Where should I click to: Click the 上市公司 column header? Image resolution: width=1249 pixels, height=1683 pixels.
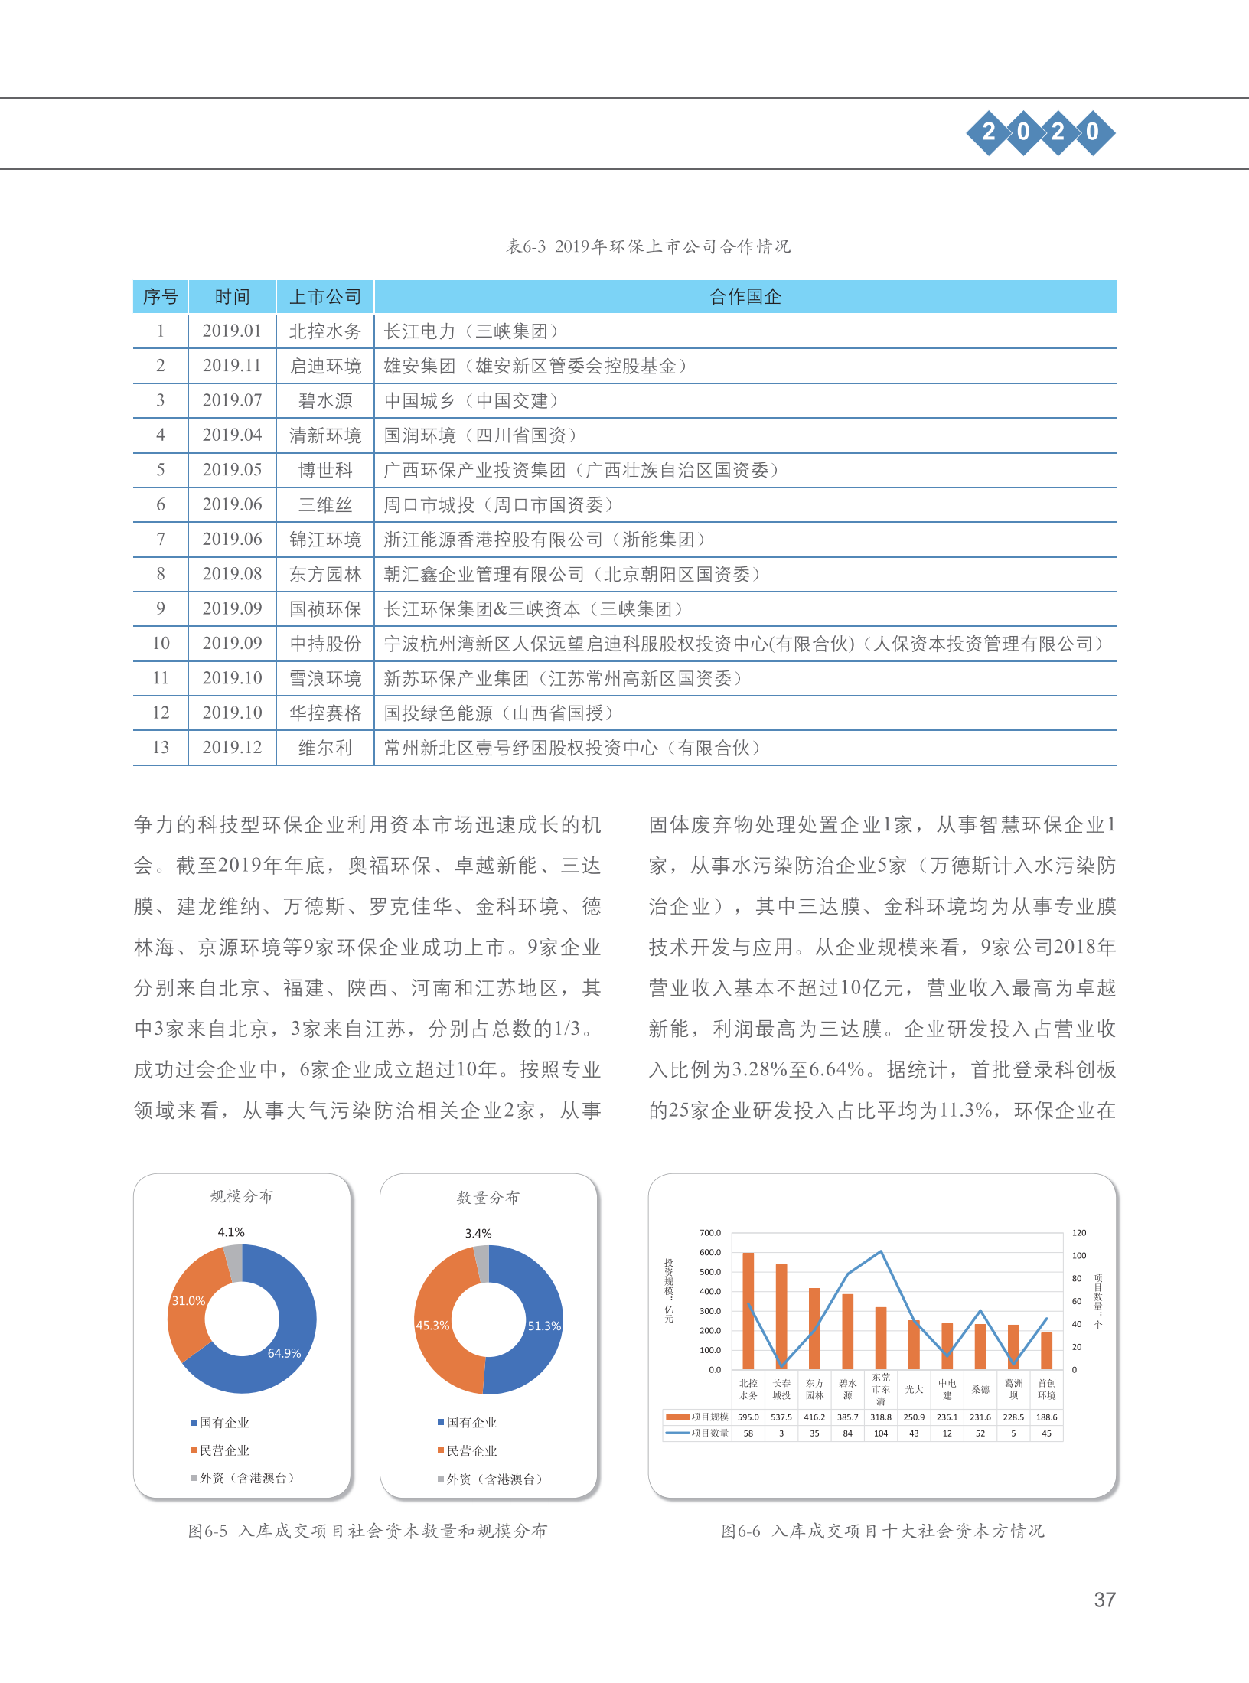coord(325,297)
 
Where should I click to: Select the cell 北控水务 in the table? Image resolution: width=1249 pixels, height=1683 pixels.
coord(325,331)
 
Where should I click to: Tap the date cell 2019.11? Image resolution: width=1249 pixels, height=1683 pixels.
coord(232,366)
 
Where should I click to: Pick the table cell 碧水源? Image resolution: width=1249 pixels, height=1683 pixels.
coord(325,401)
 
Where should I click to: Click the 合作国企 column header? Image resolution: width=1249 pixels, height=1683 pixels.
coord(745,297)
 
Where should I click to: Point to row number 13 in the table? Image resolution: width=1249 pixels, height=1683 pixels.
coord(161,748)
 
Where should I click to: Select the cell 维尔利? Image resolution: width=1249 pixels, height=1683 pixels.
coord(325,748)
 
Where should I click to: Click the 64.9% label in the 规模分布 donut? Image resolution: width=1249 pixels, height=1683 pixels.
coord(284,1353)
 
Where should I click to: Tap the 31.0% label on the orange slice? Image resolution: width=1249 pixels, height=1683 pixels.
coord(188,1300)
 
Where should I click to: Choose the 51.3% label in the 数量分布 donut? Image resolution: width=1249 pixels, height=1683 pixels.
coord(544,1326)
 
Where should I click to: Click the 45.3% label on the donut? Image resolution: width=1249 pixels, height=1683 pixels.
coord(432,1325)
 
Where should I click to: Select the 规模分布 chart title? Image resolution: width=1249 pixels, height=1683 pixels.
coord(242,1196)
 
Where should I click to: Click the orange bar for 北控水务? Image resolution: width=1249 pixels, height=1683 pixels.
coord(748,1310)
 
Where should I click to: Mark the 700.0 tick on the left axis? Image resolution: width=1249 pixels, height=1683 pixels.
coord(710,1233)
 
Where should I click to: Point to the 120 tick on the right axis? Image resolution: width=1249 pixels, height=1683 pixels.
coord(1079,1233)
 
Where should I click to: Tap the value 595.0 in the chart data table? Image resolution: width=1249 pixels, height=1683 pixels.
coord(748,1417)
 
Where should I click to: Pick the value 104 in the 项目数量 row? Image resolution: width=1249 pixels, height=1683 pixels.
coord(881,1433)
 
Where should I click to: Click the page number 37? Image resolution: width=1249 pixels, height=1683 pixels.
coord(1104,1600)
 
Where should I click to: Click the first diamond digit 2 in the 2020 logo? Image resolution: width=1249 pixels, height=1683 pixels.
coord(989,132)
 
